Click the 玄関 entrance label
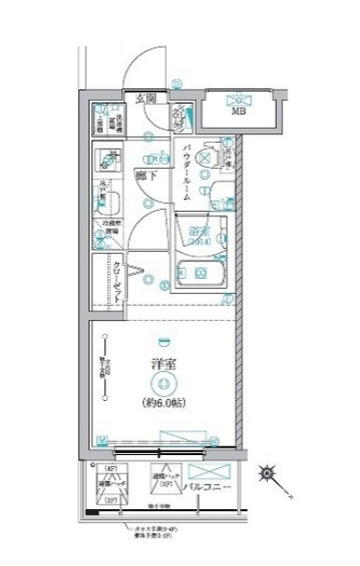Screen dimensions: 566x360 click(143, 98)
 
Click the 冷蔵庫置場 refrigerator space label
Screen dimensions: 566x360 click(108, 228)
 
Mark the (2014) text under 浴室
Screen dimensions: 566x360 click(197, 242)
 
